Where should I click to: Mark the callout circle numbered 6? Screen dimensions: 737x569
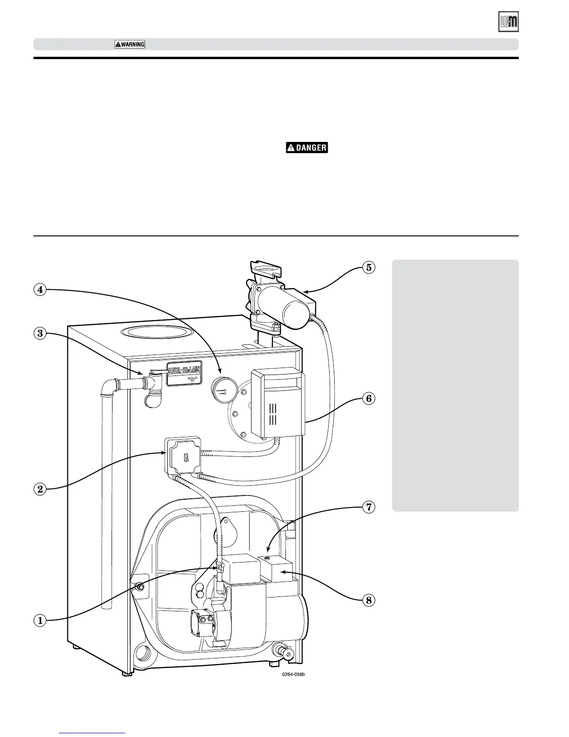368,399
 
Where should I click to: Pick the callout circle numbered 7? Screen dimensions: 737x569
368,507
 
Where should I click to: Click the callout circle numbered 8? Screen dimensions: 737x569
368,600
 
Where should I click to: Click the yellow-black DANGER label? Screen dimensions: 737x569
307,148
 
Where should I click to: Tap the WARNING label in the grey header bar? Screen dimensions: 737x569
130,44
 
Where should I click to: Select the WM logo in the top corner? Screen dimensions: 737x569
509,22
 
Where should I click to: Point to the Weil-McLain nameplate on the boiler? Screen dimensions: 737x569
185,373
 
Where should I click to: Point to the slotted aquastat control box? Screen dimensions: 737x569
278,401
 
